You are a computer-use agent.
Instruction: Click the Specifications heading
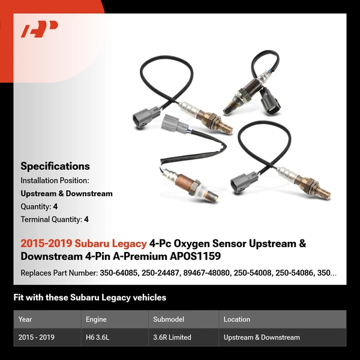tap(55, 166)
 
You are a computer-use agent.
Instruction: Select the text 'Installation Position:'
tap(55, 180)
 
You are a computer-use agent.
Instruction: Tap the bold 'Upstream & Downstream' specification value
tap(67, 193)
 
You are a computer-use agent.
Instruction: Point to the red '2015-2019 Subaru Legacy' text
tap(83, 244)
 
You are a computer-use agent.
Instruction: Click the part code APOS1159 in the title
tap(195, 256)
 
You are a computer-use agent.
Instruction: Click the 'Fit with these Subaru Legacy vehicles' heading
tap(90, 298)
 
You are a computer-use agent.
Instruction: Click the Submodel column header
tap(169, 319)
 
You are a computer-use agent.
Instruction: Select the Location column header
tap(237, 319)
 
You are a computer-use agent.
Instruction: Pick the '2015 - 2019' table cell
tap(37, 337)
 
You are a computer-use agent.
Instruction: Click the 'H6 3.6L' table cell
tap(98, 337)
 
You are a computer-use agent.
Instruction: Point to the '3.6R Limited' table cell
tap(172, 337)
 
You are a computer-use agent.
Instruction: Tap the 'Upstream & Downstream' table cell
tap(262, 337)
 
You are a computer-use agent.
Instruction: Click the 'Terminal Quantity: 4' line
tap(55, 220)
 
